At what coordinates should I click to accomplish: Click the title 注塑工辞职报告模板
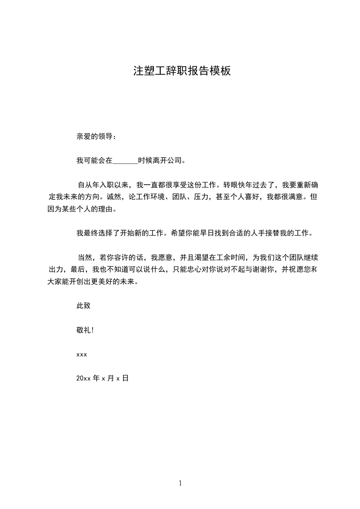pos(182,71)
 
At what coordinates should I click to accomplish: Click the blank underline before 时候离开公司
pos(125,161)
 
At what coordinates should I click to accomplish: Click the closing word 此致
pos(84,306)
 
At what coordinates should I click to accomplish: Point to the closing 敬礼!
pos(85,330)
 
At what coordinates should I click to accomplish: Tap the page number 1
pos(180,483)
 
